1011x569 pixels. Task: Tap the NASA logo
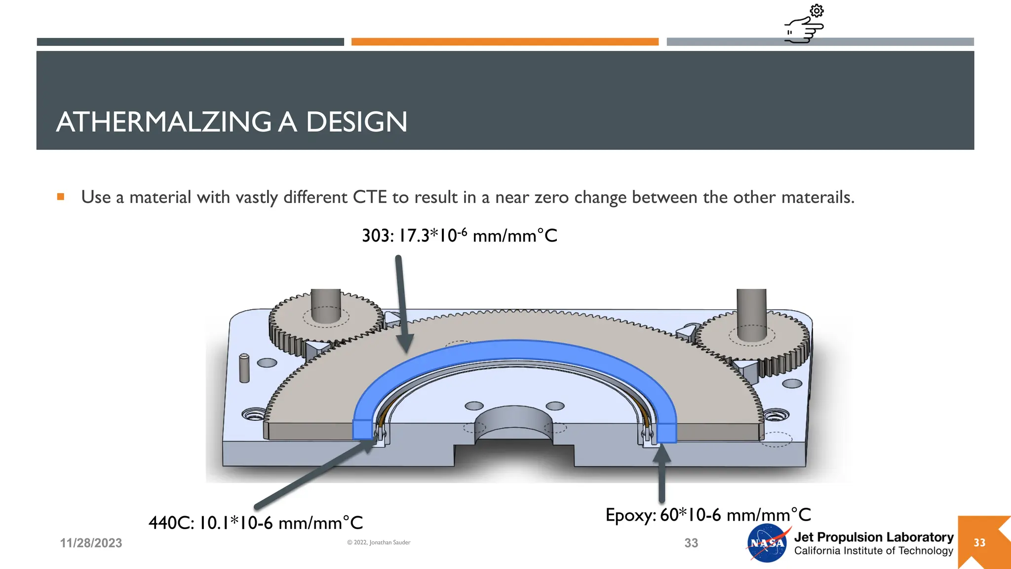(x=767, y=543)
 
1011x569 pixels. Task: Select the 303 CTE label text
(x=459, y=236)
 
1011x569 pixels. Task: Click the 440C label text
(x=255, y=523)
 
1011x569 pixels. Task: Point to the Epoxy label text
(x=708, y=515)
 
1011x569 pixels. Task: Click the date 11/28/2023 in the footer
(x=91, y=543)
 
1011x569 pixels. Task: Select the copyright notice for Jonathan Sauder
(x=379, y=542)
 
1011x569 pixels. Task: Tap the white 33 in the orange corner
(x=979, y=543)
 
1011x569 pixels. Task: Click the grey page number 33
(x=691, y=543)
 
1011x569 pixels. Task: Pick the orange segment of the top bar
(x=505, y=42)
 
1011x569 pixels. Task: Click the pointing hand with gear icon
(x=805, y=25)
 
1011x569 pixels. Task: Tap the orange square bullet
(x=61, y=197)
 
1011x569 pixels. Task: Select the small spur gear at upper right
(x=753, y=336)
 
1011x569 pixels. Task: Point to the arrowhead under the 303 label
(x=405, y=343)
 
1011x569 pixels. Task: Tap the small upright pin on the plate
(x=244, y=368)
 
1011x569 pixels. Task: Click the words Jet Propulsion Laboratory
(x=873, y=537)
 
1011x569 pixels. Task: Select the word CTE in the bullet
(x=369, y=197)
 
